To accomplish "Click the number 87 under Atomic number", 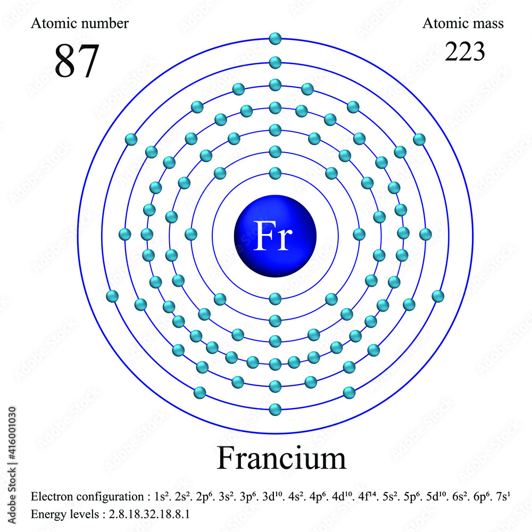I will pyautogui.click(x=77, y=61).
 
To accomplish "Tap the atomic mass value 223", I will pyautogui.click(x=465, y=52).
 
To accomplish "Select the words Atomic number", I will pyautogui.click(x=80, y=23).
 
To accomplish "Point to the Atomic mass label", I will pyautogui.click(x=463, y=23).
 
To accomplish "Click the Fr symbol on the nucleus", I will pyautogui.click(x=273, y=235).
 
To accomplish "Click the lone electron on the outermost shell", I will pyautogui.click(x=275, y=38).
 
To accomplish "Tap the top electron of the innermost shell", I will pyautogui.click(x=275, y=173).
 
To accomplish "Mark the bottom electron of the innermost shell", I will pyautogui.click(x=275, y=298).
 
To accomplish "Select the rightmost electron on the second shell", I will pyautogui.click(x=359, y=234).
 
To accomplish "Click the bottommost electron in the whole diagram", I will pyautogui.click(x=275, y=409).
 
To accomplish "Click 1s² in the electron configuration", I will pyautogui.click(x=160, y=497).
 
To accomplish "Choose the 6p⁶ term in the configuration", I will pyautogui.click(x=477, y=497).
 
